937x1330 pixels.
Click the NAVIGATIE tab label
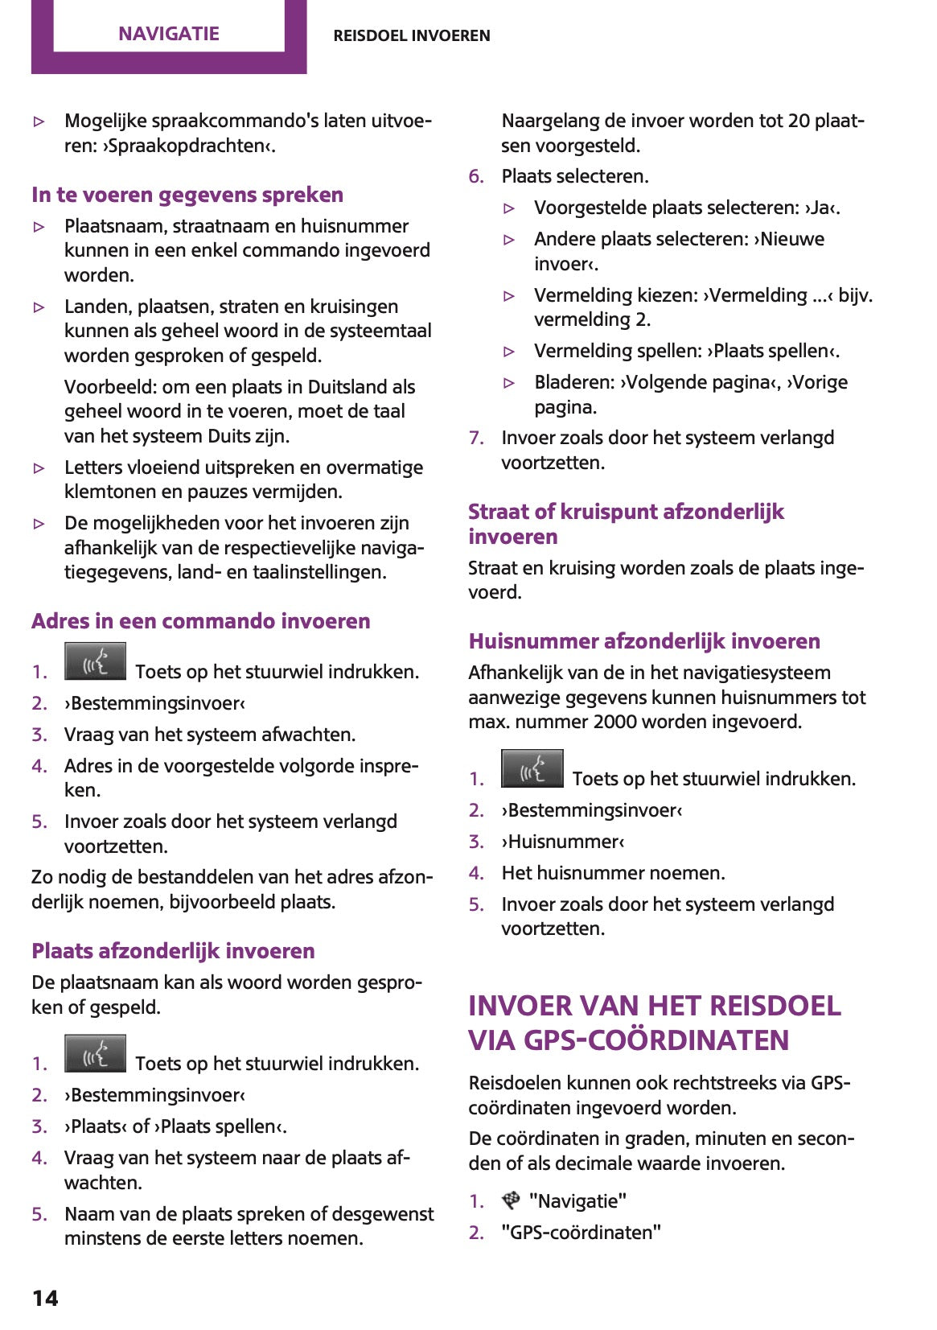[168, 34]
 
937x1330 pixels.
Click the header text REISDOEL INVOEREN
[411, 35]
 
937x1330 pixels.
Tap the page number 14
[45, 1297]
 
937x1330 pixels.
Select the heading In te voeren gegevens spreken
[187, 195]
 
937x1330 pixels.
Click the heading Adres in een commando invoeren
[201, 621]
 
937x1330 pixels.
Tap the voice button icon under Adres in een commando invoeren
[95, 662]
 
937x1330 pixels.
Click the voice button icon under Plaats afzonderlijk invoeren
[95, 1054]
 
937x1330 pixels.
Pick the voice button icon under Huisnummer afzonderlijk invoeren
[532, 769]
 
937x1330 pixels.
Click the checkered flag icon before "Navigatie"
[511, 1200]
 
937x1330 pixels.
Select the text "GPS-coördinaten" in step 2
[581, 1232]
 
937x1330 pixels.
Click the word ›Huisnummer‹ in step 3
[563, 842]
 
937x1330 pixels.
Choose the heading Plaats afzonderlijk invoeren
[173, 951]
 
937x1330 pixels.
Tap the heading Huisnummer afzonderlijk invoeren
[644, 641]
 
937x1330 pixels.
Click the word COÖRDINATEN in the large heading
[688, 1040]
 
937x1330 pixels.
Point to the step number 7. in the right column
[476, 438]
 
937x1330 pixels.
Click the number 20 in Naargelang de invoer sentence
[798, 121]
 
